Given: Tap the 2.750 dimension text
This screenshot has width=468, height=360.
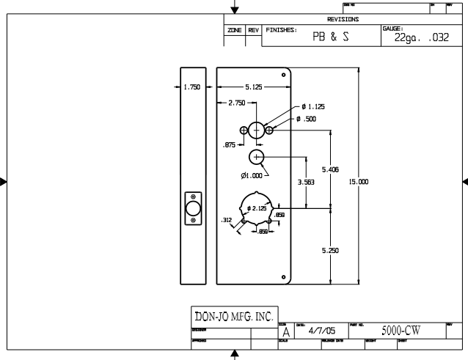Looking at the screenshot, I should [236, 103].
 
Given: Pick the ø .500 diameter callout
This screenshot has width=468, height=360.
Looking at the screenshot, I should [307, 119].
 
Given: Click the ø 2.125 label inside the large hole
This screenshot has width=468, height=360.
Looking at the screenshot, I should [257, 209].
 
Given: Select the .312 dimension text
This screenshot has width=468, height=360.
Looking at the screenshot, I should [227, 219].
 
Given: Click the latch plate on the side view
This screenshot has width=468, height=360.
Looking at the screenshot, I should [193, 209].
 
